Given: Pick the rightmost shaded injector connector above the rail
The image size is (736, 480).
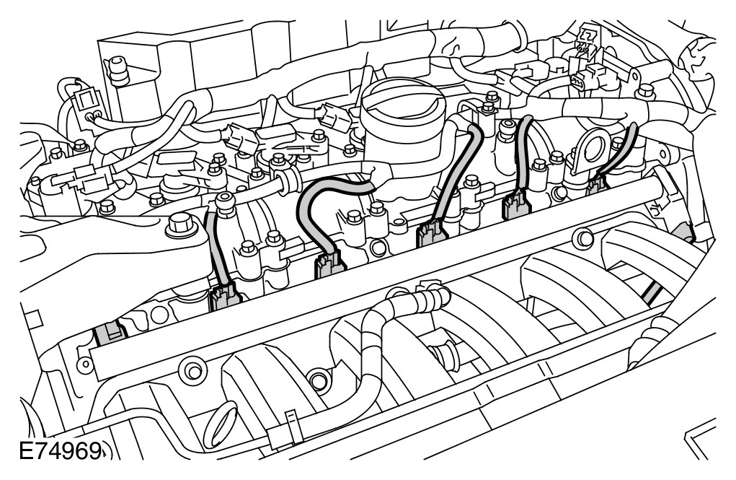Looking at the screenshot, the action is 597,184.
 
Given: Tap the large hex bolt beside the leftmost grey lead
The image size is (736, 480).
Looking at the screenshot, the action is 181,226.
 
